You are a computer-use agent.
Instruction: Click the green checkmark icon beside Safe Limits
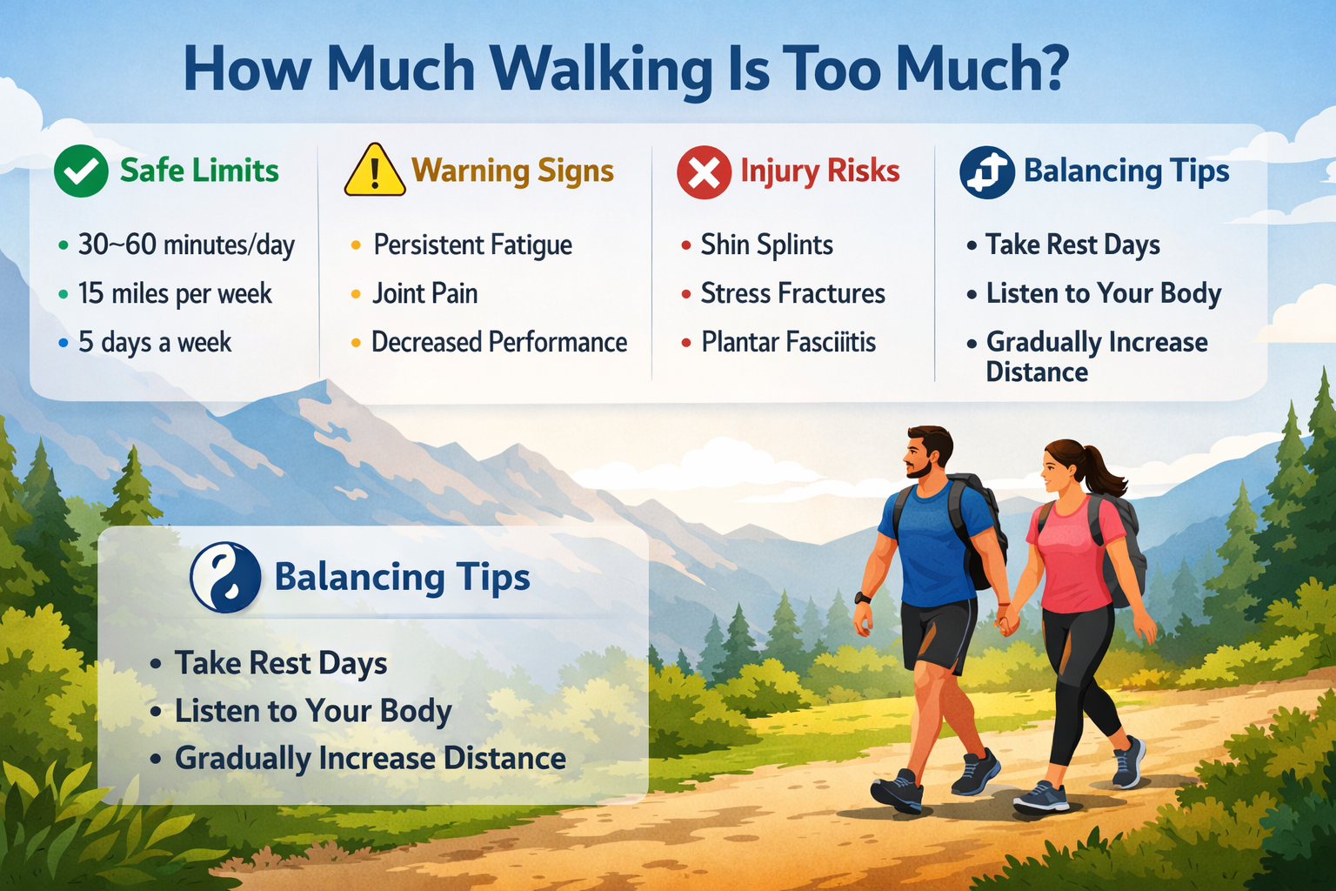81,171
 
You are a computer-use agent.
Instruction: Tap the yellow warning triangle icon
374,171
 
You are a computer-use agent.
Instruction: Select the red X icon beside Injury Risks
704,172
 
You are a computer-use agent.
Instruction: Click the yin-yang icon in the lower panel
225,578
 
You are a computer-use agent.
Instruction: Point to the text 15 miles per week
175,294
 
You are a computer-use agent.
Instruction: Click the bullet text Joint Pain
424,294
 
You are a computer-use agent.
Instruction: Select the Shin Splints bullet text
766,245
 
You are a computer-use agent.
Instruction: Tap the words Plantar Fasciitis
788,343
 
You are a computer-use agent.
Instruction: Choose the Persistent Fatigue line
472,245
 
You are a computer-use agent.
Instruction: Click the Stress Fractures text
792,294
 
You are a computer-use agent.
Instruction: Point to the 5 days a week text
155,343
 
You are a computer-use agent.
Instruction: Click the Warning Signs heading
512,171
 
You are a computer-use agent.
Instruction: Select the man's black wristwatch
862,598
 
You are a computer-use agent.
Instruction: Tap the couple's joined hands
1005,621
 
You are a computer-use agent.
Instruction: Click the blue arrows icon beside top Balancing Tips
986,171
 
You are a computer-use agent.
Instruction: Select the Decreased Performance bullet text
498,343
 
